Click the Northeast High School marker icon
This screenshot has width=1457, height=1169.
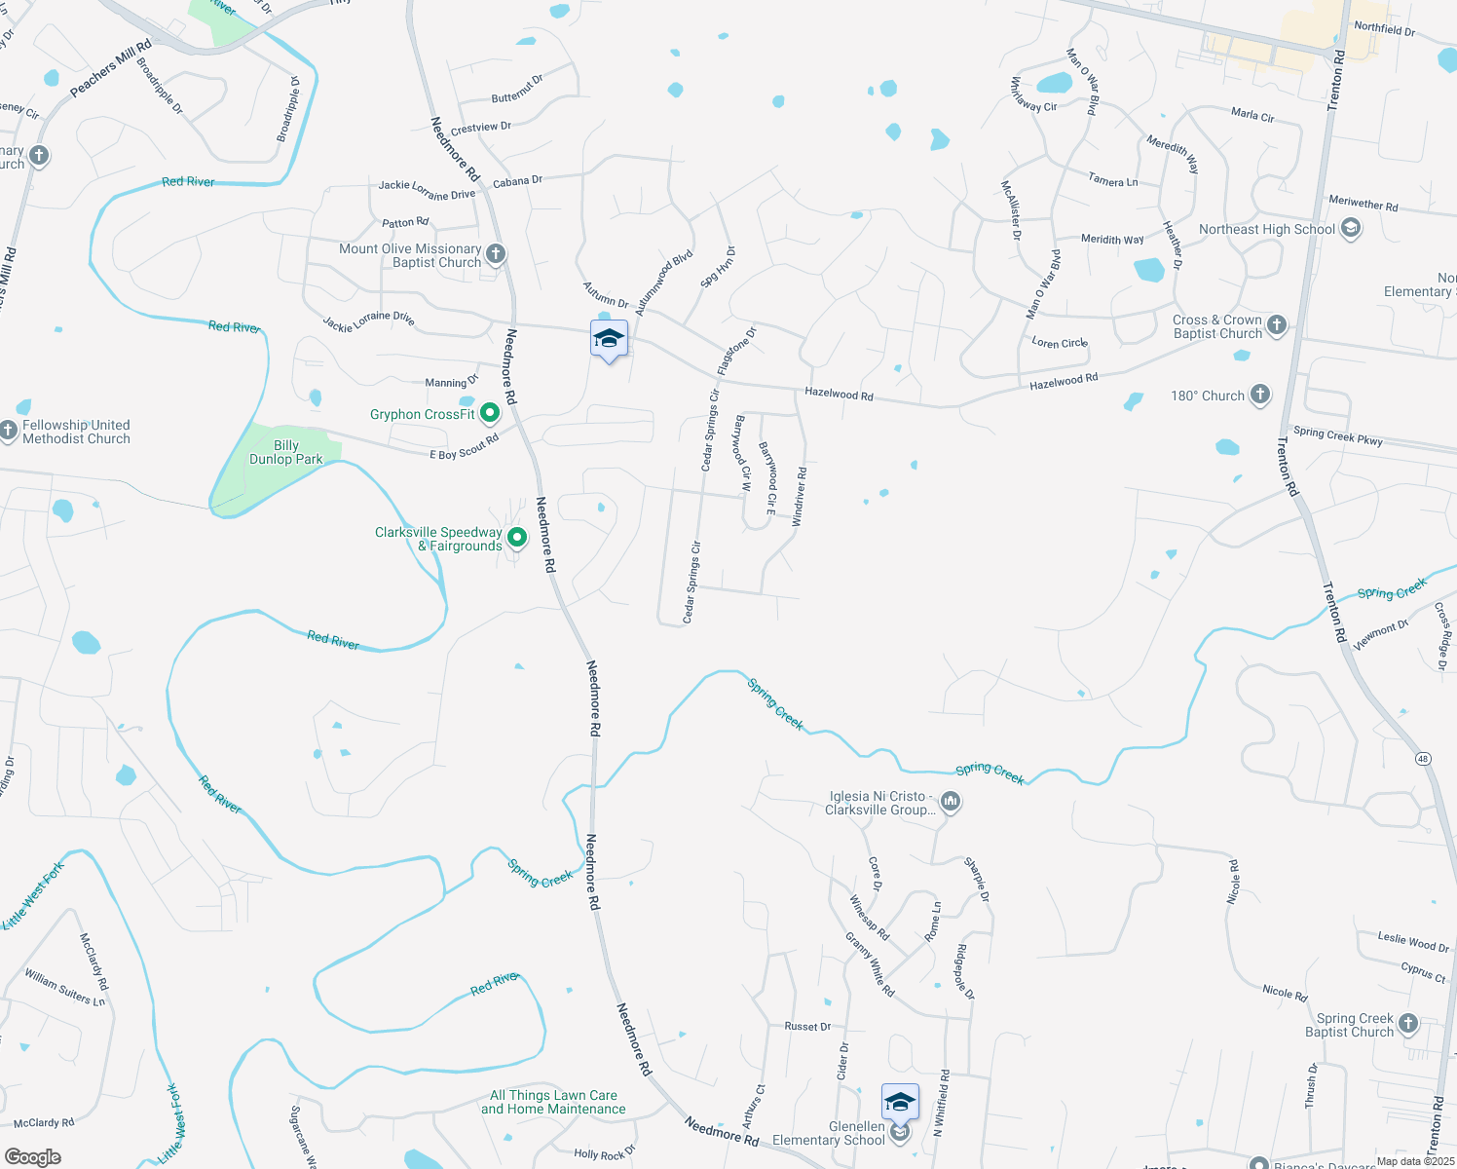(x=1350, y=229)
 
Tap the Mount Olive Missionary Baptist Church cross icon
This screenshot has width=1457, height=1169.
(x=496, y=255)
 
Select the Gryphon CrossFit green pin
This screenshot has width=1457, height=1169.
(x=490, y=414)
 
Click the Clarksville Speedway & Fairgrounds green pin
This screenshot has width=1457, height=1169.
(x=517, y=538)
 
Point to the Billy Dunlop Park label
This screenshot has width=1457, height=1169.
(x=285, y=453)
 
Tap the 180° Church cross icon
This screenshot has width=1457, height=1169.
(x=1260, y=395)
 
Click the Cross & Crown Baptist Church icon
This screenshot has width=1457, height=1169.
(x=1277, y=325)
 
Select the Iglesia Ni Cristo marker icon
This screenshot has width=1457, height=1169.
(x=951, y=802)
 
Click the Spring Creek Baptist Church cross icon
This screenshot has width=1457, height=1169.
(x=1408, y=1024)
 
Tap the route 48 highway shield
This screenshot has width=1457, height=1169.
(x=1424, y=758)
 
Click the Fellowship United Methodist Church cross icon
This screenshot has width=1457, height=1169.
(x=9, y=430)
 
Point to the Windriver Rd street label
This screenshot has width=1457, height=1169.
(x=800, y=497)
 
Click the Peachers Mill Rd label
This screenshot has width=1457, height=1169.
(x=111, y=68)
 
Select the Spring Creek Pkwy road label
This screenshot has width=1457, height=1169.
(x=1338, y=436)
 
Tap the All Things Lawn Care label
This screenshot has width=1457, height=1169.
(x=553, y=1102)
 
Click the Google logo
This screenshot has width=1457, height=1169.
(x=32, y=1156)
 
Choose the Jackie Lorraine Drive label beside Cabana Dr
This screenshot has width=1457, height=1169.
(x=427, y=190)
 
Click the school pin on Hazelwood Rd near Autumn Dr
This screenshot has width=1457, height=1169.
(x=609, y=340)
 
